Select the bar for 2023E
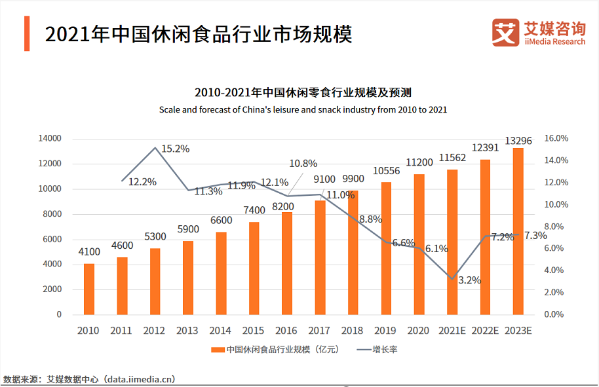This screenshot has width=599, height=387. tap(518, 231)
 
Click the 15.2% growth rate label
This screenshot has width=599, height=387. tap(175, 149)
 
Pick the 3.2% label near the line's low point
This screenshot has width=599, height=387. tap(469, 280)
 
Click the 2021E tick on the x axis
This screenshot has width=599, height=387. tap(452, 330)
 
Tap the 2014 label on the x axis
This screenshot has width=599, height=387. tap(221, 330)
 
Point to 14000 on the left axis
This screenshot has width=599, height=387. tap(49, 139)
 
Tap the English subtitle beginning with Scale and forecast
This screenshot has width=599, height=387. tap(303, 109)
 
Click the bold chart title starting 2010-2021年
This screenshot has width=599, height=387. tap(302, 92)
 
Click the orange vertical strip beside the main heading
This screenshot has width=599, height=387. tap(27, 33)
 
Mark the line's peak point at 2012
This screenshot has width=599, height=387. tap(155, 147)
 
